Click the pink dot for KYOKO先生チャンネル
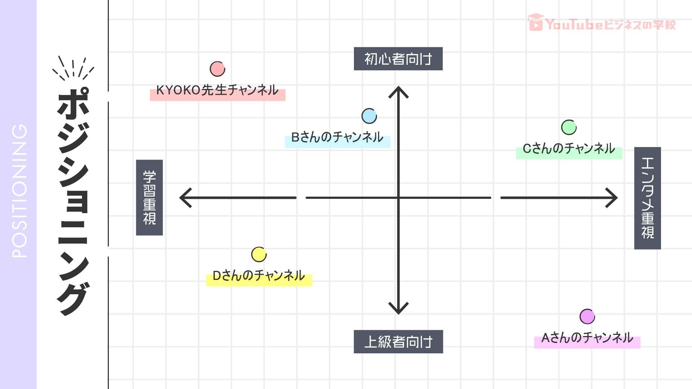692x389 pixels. click(x=217, y=69)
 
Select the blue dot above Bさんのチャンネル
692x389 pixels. click(x=369, y=116)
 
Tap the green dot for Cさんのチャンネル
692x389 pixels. click(x=569, y=127)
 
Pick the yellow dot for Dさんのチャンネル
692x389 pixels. click(x=259, y=255)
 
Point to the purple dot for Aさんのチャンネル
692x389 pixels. click(x=587, y=317)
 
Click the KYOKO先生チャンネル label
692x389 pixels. click(x=217, y=90)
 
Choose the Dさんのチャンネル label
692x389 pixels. click(x=259, y=276)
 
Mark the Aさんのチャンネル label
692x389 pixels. click(x=587, y=338)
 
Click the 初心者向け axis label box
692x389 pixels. click(x=398, y=59)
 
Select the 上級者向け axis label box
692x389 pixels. click(x=398, y=341)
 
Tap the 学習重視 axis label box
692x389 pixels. click(x=149, y=197)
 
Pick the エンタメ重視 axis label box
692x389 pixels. click(x=647, y=198)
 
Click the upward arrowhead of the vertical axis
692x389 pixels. click(x=398, y=91)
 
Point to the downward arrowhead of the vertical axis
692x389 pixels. click(x=398, y=309)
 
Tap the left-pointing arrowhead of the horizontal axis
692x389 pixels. click(x=185, y=198)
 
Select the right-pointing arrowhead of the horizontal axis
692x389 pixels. click(x=612, y=198)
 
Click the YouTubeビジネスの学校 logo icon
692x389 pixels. click(x=536, y=23)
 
